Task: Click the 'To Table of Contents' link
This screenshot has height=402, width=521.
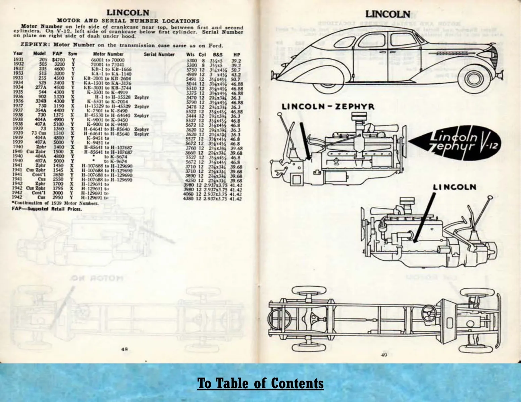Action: (x=260, y=383)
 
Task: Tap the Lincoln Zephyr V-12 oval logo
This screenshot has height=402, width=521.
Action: (x=457, y=141)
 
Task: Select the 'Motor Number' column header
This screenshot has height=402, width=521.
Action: (x=108, y=54)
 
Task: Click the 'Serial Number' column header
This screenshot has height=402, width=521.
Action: (x=159, y=54)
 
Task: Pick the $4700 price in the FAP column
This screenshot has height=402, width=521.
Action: (x=58, y=60)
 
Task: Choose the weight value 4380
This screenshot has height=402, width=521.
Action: (x=189, y=199)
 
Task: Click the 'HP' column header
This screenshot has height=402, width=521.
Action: (x=237, y=54)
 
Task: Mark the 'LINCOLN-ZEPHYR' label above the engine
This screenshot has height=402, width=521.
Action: (x=328, y=107)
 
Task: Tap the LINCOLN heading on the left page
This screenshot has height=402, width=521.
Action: (x=127, y=13)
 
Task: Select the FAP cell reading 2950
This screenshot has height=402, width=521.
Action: (x=59, y=198)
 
